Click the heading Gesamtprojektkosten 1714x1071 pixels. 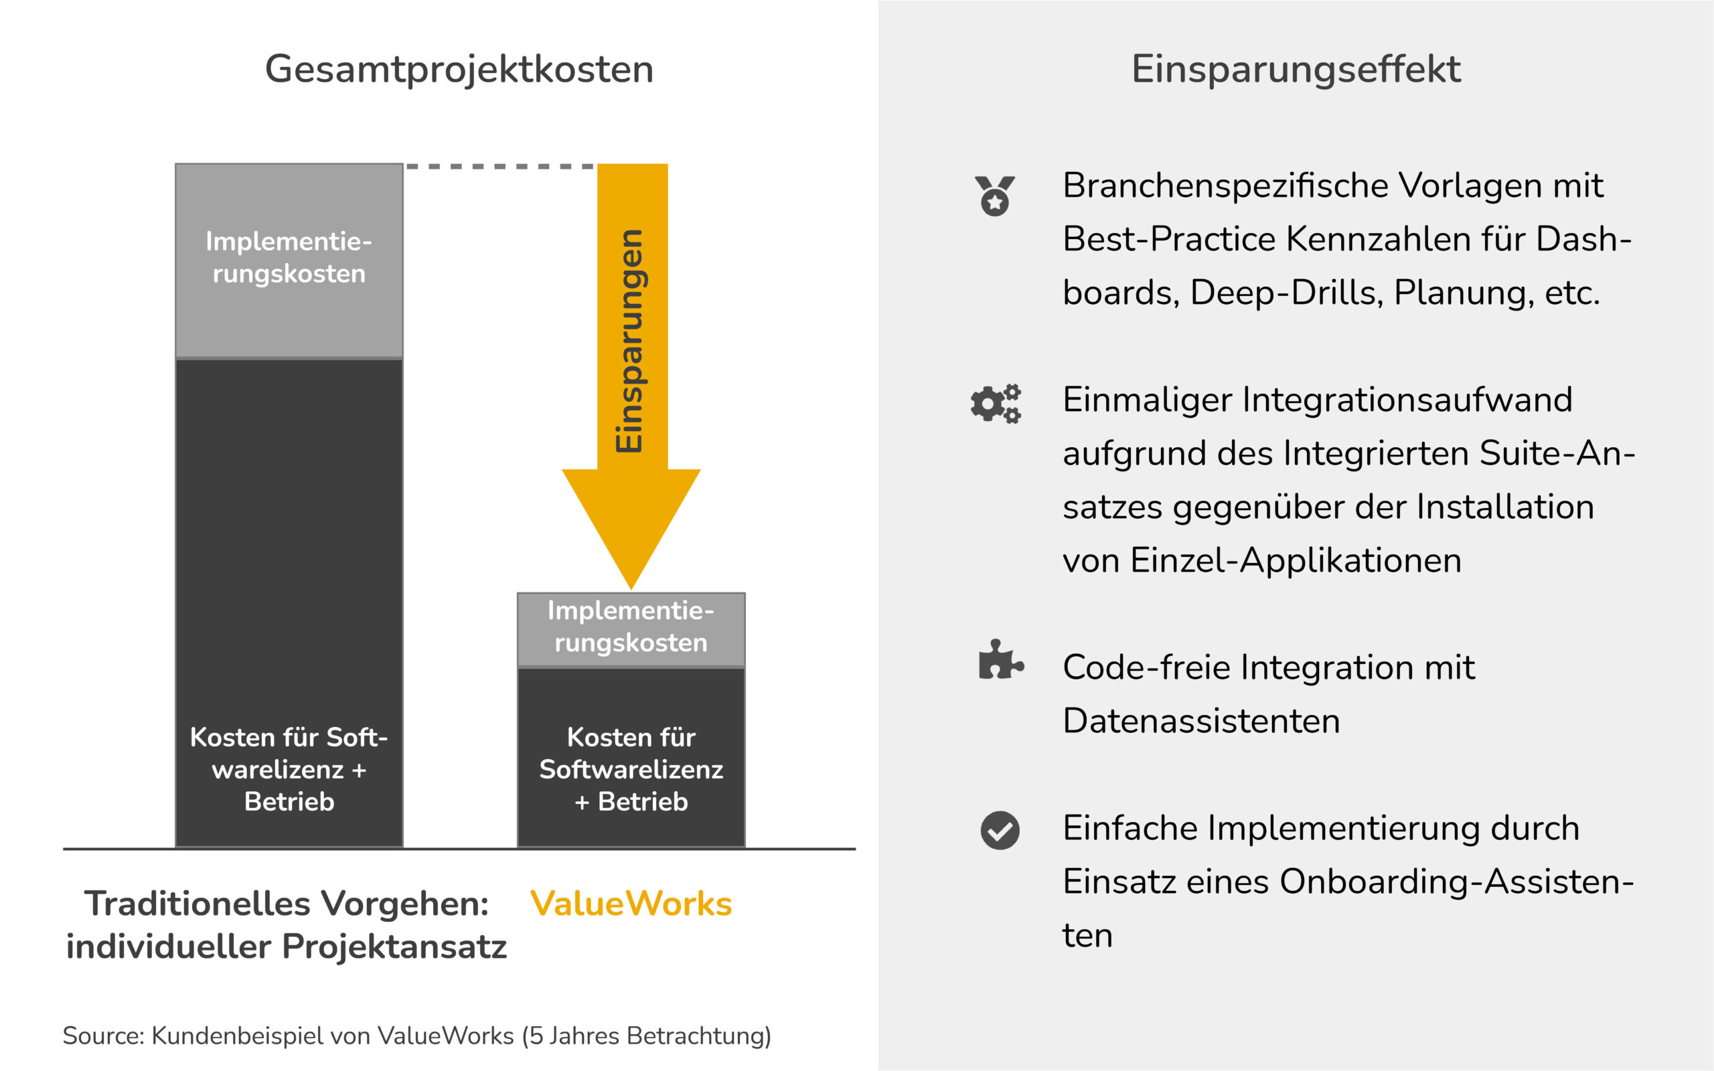pyautogui.click(x=459, y=70)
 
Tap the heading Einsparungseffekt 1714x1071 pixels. pyautogui.click(x=1296, y=70)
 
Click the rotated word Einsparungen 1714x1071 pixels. pyautogui.click(x=629, y=340)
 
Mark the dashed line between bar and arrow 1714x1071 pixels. pyautogui.click(x=499, y=167)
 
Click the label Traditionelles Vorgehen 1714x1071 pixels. pyautogui.click(x=286, y=904)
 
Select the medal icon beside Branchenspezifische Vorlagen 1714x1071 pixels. pyautogui.click(x=994, y=195)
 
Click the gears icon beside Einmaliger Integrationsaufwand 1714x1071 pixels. pyautogui.click(x=995, y=404)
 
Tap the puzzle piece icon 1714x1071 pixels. pyautogui.click(x=1000, y=660)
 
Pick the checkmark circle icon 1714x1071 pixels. pyautogui.click(x=1000, y=830)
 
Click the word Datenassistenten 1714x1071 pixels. pyautogui.click(x=1201, y=721)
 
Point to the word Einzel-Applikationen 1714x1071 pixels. pyautogui.click(x=1296, y=560)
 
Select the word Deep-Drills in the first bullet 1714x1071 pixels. pyautogui.click(x=1286, y=293)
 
